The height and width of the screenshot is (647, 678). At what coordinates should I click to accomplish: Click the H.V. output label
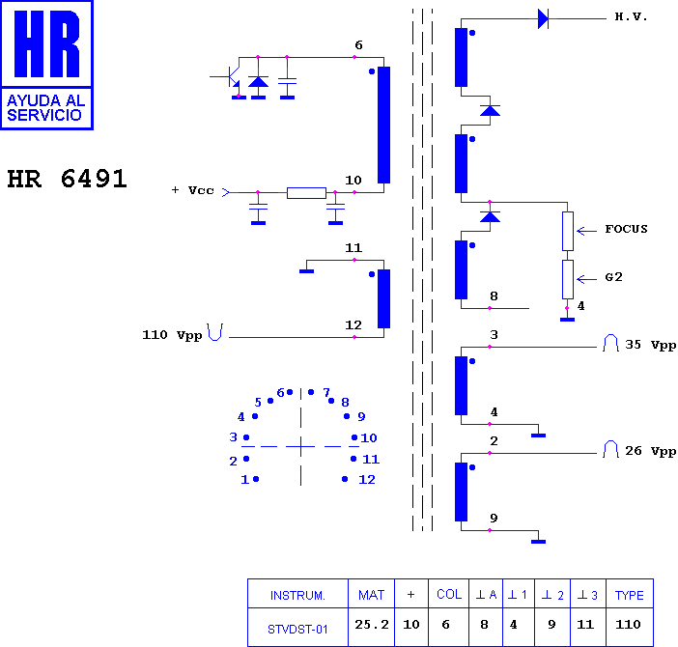(x=631, y=16)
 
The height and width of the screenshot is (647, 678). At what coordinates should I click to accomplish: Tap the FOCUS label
(x=626, y=229)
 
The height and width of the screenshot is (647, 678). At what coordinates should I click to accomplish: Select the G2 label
(x=613, y=276)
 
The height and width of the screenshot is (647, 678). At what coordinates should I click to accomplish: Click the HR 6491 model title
(x=67, y=179)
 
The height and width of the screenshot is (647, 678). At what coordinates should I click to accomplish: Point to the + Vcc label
(x=192, y=190)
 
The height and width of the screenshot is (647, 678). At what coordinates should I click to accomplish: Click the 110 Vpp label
(x=172, y=335)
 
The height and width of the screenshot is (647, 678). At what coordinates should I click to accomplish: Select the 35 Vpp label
(x=650, y=345)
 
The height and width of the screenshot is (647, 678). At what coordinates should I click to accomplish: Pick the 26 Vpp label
(x=650, y=451)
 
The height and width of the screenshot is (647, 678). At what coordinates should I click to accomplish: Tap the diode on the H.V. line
(x=543, y=19)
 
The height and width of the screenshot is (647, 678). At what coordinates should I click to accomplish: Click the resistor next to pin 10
(x=306, y=193)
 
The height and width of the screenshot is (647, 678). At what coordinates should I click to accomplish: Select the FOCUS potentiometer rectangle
(x=568, y=231)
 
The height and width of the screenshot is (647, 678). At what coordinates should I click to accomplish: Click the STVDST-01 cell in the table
(x=297, y=630)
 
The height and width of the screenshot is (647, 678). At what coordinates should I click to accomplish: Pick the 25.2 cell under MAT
(x=372, y=625)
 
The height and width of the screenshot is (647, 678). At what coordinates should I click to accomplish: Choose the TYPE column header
(x=629, y=595)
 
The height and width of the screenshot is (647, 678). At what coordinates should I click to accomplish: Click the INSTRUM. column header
(x=297, y=596)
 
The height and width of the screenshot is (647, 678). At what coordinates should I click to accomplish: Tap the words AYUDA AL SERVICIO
(x=45, y=107)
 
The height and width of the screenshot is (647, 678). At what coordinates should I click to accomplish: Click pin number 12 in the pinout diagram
(x=367, y=479)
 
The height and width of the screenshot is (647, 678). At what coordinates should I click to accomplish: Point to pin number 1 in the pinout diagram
(x=244, y=479)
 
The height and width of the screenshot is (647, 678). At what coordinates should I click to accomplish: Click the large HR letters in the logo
(x=46, y=43)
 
